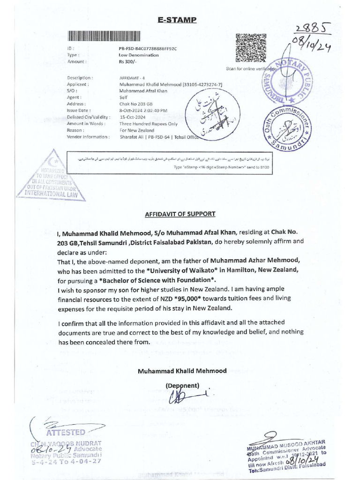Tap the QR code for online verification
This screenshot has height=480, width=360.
click(x=251, y=48)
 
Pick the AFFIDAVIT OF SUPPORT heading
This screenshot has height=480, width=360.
click(x=180, y=214)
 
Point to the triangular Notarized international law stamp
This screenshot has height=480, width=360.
click(x=51, y=176)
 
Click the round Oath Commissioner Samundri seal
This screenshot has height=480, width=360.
click(x=287, y=127)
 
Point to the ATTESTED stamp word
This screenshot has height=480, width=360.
click(x=66, y=432)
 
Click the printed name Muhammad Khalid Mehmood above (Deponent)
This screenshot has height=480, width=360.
click(x=182, y=371)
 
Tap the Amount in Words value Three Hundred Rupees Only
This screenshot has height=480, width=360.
click(x=149, y=123)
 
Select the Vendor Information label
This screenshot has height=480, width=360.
click(x=88, y=137)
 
